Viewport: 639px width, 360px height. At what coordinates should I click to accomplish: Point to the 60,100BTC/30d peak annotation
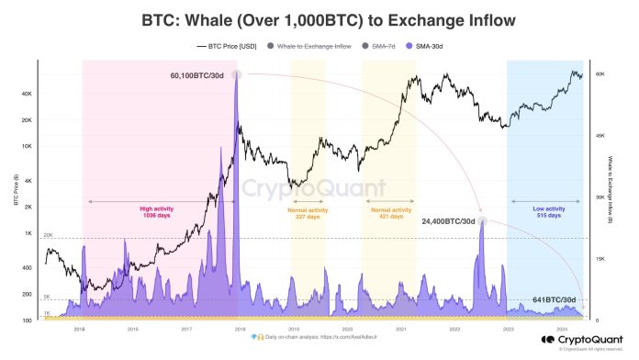coord(198,75)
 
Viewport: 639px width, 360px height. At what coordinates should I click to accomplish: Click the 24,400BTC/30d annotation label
coord(448,221)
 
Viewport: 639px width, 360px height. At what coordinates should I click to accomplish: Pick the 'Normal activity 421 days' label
coord(388,211)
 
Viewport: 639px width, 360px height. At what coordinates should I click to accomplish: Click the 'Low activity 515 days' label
coord(547,211)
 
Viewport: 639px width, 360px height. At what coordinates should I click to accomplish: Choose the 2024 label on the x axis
coord(560,327)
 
